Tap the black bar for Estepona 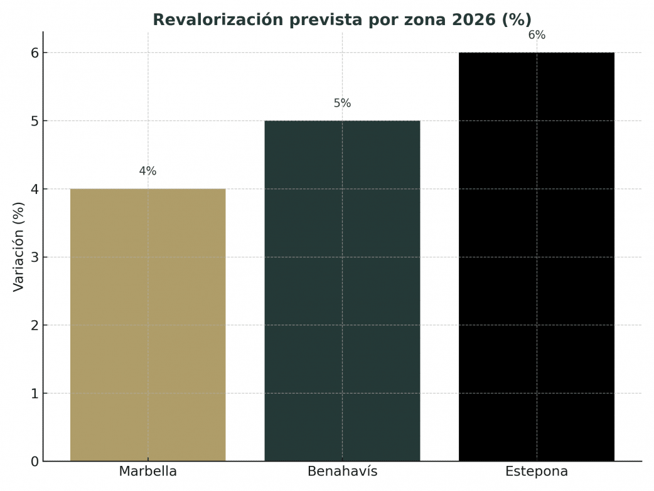537,257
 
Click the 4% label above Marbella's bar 147,171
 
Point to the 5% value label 342,104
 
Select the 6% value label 537,36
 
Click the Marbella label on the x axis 147,472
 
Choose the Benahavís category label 342,472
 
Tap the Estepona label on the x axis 537,472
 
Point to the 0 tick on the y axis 35,461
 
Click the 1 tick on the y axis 35,394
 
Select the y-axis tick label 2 35,325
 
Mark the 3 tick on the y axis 35,257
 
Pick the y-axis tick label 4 35,189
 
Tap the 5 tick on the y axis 35,121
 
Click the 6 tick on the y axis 35,53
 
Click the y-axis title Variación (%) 18,246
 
